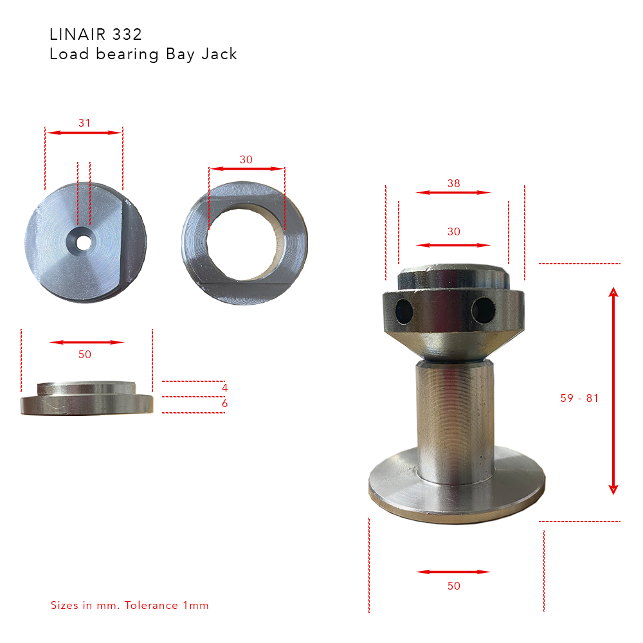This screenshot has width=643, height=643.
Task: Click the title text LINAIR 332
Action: click(x=95, y=34)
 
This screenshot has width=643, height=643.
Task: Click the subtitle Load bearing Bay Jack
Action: click(x=143, y=54)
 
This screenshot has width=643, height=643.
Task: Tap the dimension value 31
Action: click(x=84, y=123)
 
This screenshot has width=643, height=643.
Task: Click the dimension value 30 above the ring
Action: click(x=246, y=159)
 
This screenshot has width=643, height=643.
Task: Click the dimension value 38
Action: click(x=453, y=183)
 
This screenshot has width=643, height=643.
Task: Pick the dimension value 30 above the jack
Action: click(x=453, y=231)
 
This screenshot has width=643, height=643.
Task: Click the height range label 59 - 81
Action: click(x=579, y=398)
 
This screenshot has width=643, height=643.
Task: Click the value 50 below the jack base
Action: click(x=453, y=586)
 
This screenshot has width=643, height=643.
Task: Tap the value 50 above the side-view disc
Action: click(x=84, y=354)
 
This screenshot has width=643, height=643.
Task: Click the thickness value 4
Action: click(x=224, y=388)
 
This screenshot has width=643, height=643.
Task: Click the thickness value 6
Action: click(x=224, y=404)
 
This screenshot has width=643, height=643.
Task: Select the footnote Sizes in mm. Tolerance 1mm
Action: click(x=130, y=605)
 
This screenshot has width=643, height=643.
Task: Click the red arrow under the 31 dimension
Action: click(x=84, y=132)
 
